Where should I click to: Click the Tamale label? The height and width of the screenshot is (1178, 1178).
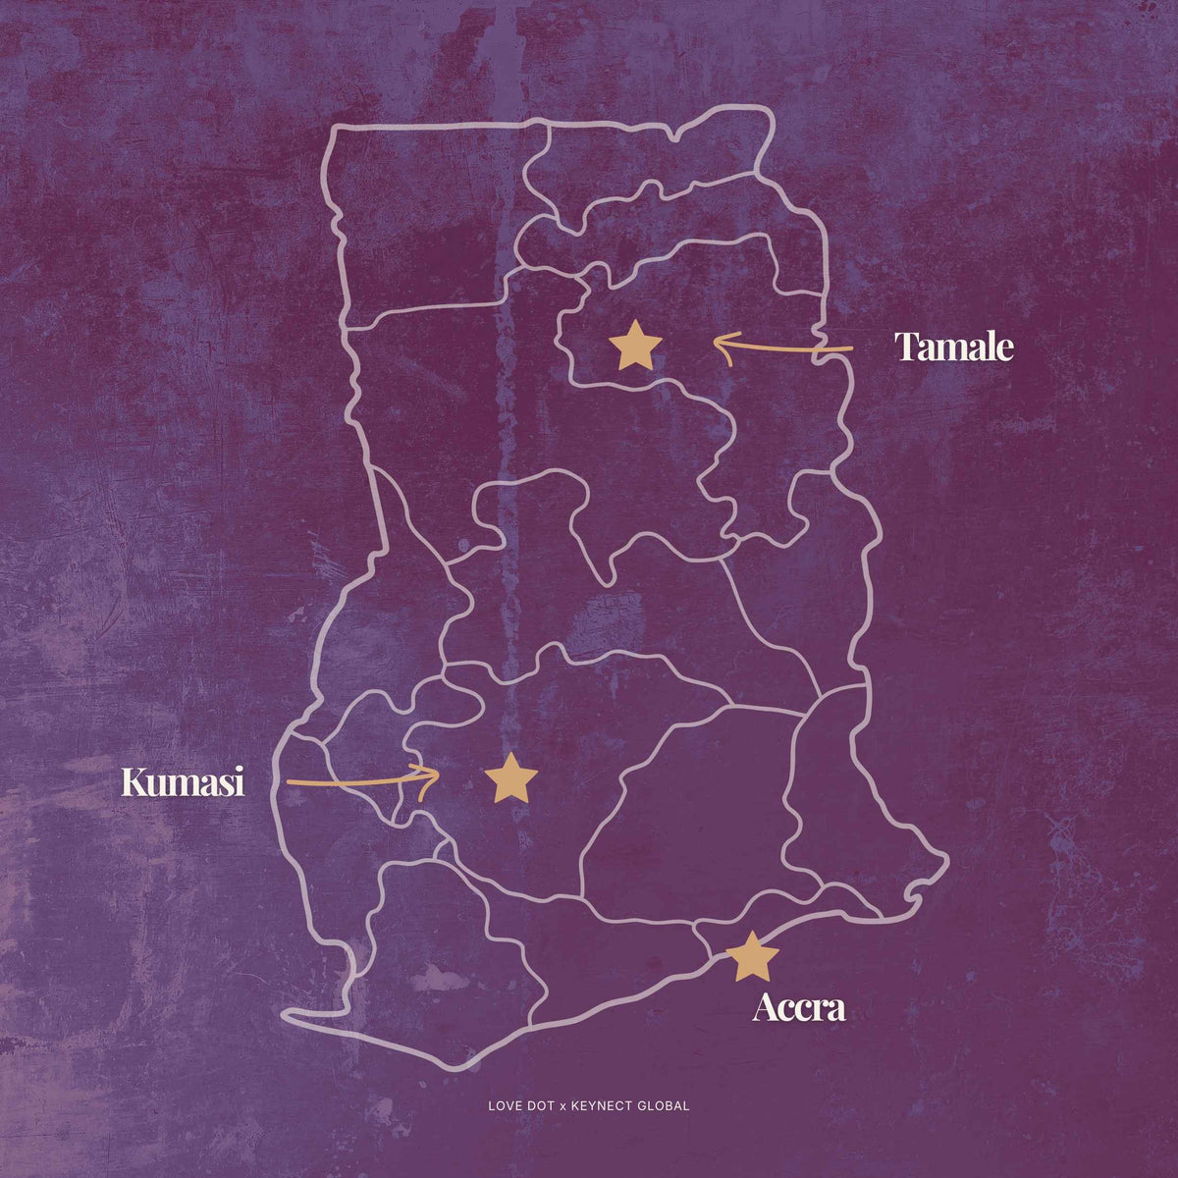point(953,348)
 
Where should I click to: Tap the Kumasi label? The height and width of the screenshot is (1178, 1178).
point(183,782)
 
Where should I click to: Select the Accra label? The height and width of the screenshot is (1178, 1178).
point(798,1008)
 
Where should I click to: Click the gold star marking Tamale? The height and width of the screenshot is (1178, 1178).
point(635,347)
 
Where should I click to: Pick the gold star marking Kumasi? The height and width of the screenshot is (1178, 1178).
point(511,780)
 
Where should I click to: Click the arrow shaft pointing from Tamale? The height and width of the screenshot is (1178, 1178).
point(785,348)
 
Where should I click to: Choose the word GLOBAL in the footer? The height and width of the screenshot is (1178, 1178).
point(666,1105)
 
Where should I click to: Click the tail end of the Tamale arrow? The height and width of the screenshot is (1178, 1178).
point(850,348)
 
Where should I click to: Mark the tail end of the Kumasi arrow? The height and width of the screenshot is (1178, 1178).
point(290,783)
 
